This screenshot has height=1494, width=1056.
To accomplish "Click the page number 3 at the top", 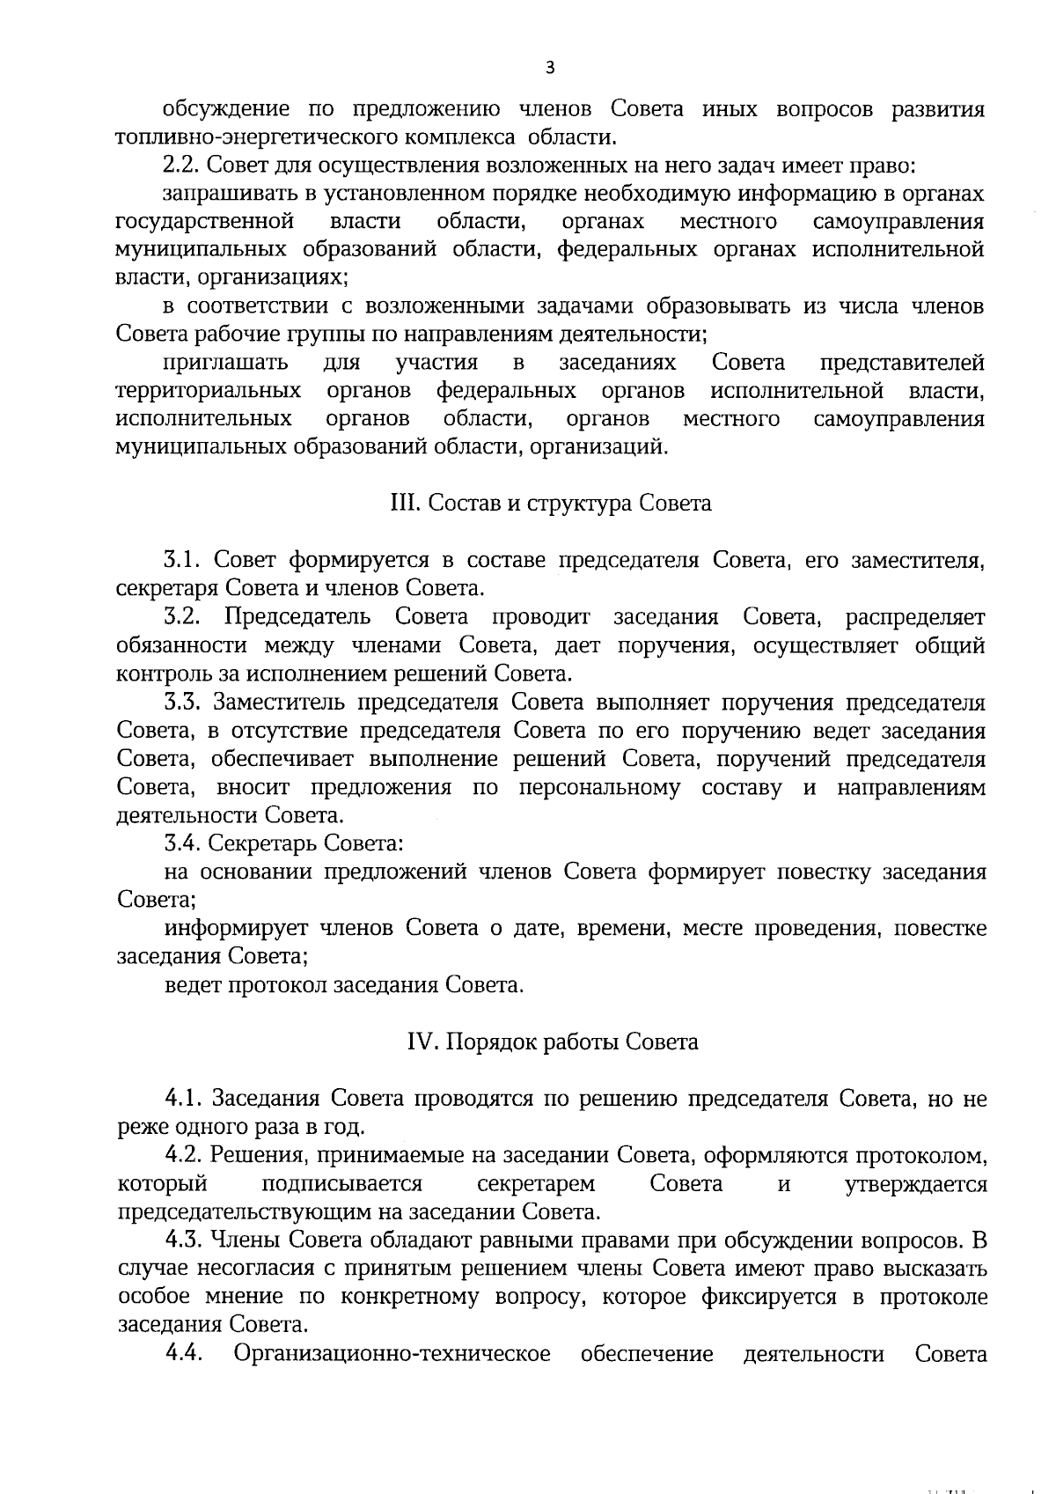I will [550, 67].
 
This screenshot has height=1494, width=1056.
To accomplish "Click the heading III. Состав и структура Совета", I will [550, 504].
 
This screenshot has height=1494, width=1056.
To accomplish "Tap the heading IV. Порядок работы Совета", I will [552, 1041].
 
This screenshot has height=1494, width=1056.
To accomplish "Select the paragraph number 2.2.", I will [183, 166].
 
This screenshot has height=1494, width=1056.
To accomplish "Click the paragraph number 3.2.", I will [183, 617].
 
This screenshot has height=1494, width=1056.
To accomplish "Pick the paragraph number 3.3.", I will [183, 703].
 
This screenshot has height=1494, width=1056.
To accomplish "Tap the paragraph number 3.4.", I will [183, 843].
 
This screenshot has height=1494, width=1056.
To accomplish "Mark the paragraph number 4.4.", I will [183, 1353].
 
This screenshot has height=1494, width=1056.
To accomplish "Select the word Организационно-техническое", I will [392, 1353].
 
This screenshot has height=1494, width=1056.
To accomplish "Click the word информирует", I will [236, 928].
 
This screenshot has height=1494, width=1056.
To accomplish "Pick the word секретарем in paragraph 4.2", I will [536, 1184].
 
